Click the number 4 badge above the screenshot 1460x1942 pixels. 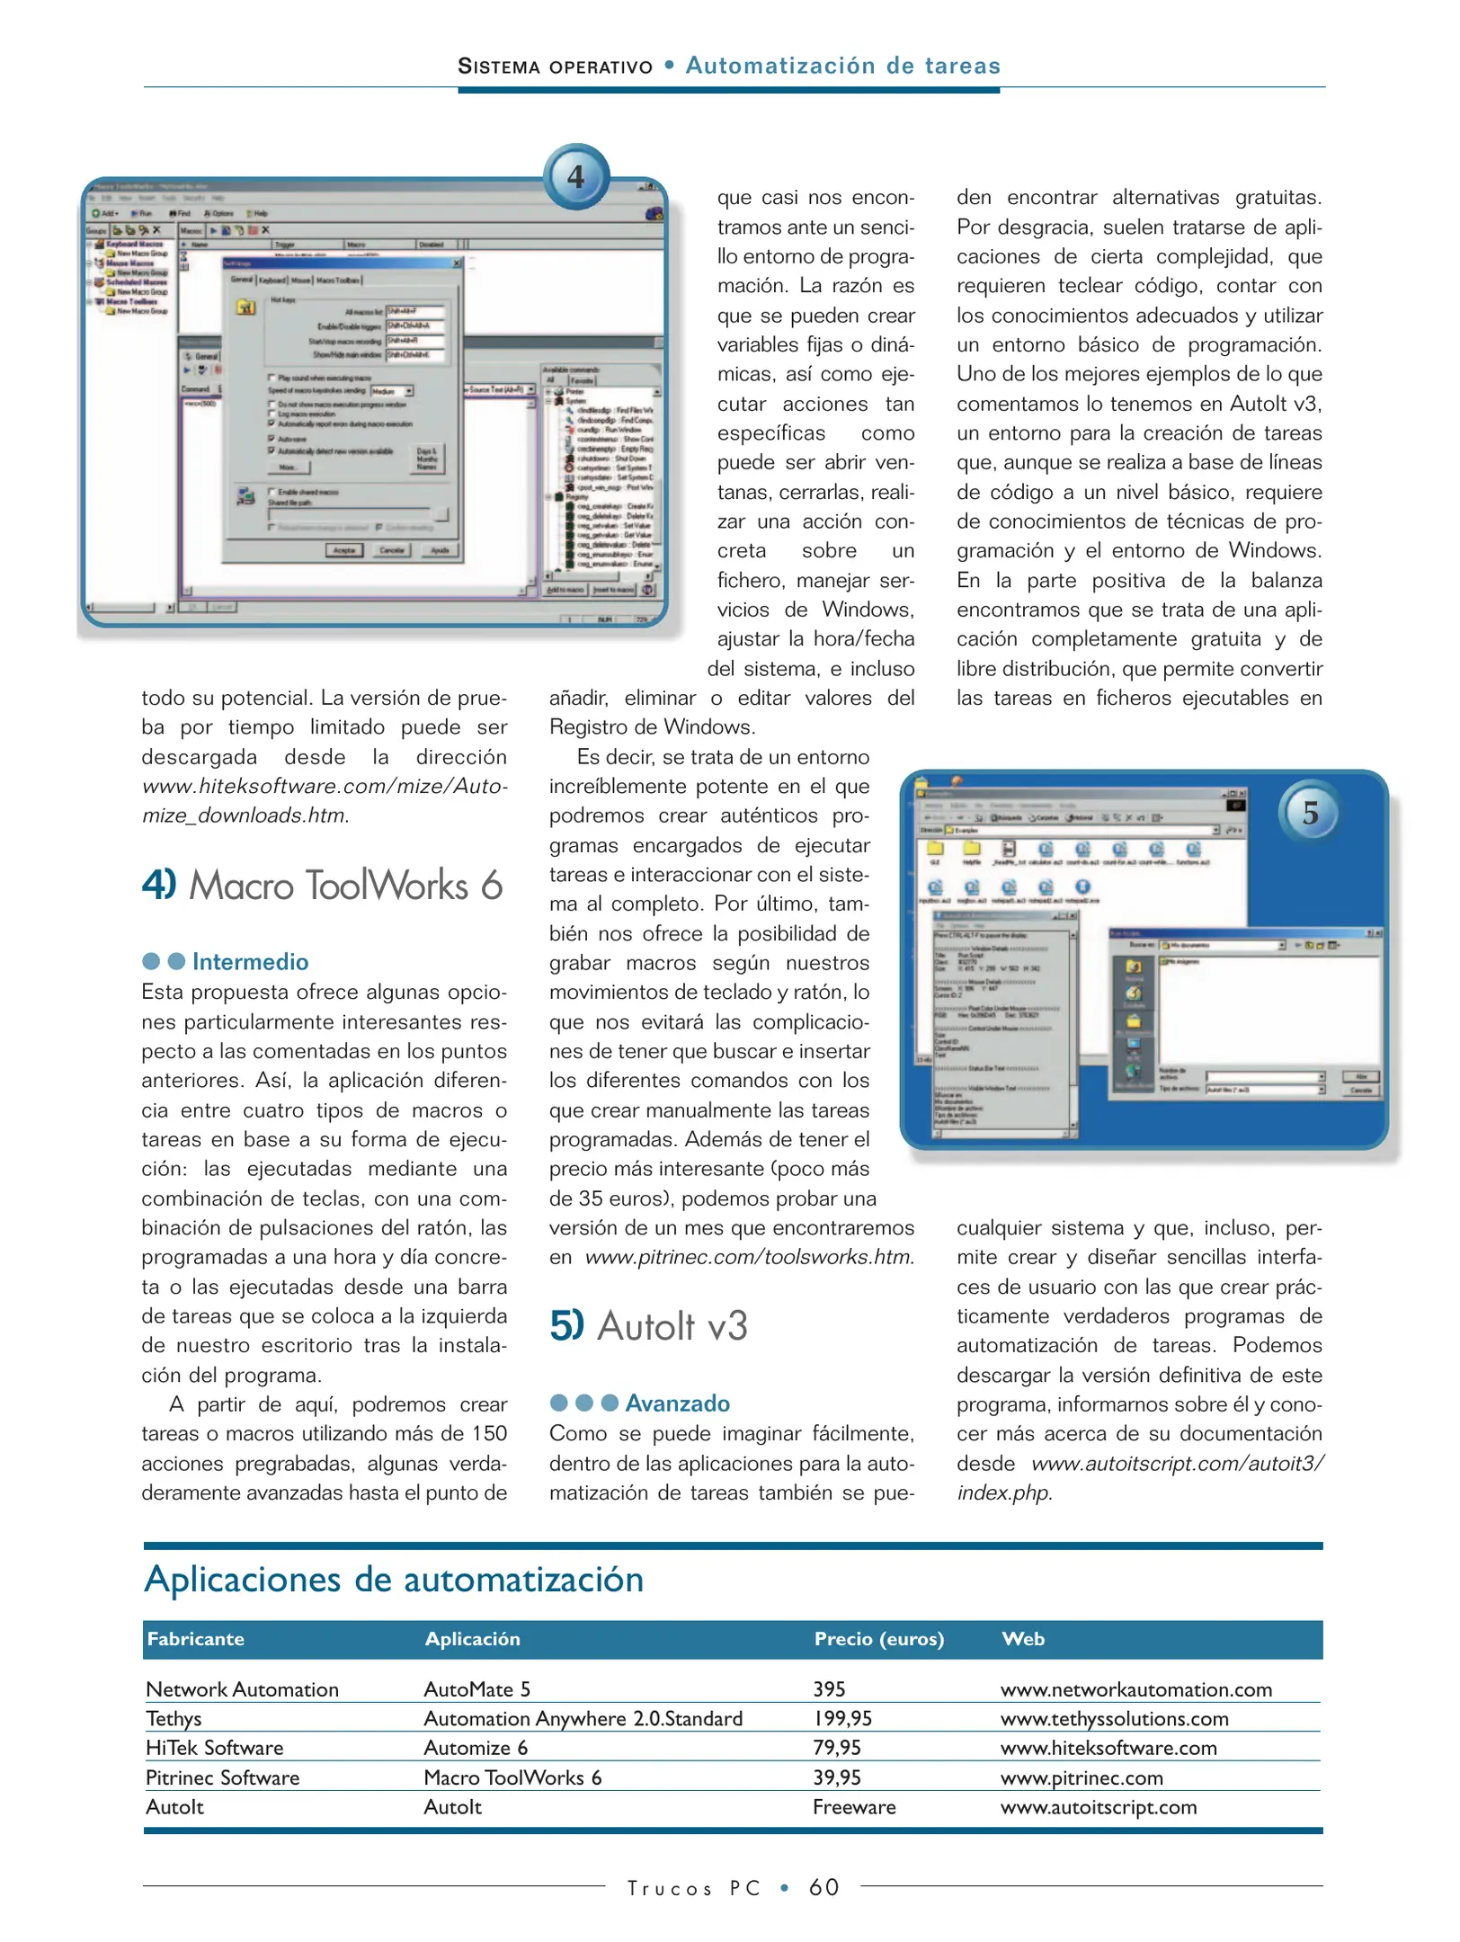click(576, 177)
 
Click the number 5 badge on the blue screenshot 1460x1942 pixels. click(1310, 813)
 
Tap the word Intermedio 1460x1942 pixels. click(250, 962)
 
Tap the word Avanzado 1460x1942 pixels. click(677, 1403)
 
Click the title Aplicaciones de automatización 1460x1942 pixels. click(394, 1580)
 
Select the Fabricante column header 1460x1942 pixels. click(196, 1639)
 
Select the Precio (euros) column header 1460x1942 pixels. click(878, 1639)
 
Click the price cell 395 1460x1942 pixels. click(829, 1689)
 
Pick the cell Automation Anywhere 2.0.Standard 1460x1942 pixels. click(583, 1719)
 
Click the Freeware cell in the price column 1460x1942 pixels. click(853, 1807)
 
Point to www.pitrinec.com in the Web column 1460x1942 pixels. click(1081, 1777)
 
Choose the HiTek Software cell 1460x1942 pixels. click(214, 1748)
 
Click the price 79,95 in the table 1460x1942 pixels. click(836, 1748)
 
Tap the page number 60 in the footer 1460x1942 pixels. click(823, 1887)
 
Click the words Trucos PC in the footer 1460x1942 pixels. click(693, 1888)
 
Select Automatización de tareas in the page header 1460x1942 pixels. click(842, 66)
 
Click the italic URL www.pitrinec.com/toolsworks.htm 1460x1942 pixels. click(748, 1257)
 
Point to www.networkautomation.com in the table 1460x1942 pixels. click(1135, 1689)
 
